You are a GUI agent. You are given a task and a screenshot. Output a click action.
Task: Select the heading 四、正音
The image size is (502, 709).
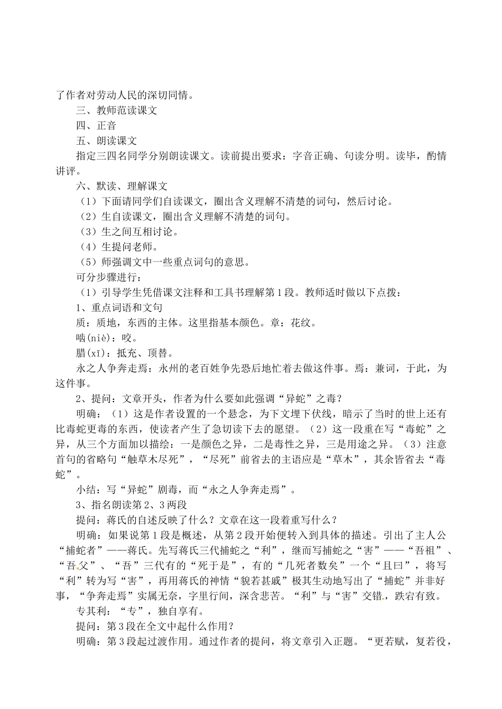96,126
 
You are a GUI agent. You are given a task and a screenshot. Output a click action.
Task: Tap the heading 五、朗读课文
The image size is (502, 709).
107,141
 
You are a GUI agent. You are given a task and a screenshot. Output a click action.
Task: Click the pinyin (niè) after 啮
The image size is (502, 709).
98,338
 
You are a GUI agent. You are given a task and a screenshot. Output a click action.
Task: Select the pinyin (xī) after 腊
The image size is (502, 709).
97,353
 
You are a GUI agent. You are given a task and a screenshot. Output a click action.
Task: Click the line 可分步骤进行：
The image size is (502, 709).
109,277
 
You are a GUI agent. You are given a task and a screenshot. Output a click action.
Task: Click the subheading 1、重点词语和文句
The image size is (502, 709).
119,307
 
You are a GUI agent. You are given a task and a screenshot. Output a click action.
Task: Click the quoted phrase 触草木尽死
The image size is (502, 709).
158,459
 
